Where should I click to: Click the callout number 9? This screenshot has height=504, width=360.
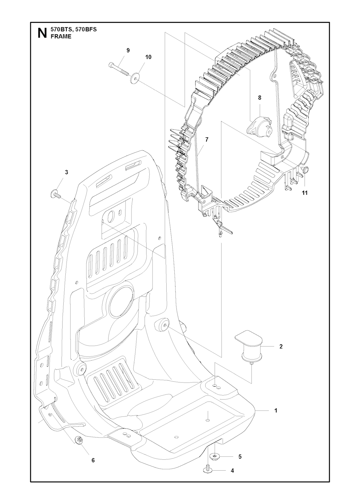[x=128, y=51]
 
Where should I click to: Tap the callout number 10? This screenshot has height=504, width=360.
[x=148, y=57]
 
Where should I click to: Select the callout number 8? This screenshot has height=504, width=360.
[x=259, y=98]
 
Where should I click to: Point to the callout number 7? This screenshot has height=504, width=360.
[x=207, y=139]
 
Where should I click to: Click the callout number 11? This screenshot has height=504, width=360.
[x=304, y=193]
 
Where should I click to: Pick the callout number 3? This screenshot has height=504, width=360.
[x=66, y=172]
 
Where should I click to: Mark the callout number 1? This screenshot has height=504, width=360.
[x=276, y=410]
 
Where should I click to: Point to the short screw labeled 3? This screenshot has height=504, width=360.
[x=56, y=194]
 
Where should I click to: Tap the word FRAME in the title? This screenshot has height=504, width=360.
[x=61, y=37]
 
